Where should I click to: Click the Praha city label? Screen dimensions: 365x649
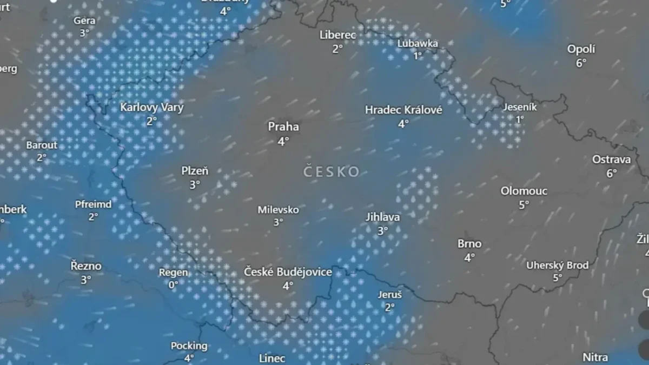pyautogui.click(x=283, y=127)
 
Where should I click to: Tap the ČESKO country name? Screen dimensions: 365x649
pyautogui.click(x=332, y=172)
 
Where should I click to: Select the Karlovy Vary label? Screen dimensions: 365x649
pyautogui.click(x=152, y=108)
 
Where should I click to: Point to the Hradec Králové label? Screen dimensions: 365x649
pyautogui.click(x=403, y=110)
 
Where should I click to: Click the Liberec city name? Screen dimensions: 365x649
pyautogui.click(x=337, y=35)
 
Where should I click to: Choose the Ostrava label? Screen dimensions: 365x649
pyautogui.click(x=611, y=160)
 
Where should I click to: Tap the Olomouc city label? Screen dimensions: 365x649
pyautogui.click(x=524, y=191)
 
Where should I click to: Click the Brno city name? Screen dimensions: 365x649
pyautogui.click(x=469, y=244)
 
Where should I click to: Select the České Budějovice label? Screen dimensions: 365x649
pyautogui.click(x=288, y=272)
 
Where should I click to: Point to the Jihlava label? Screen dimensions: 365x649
pyautogui.click(x=382, y=217)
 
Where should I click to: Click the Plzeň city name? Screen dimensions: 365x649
pyautogui.click(x=195, y=171)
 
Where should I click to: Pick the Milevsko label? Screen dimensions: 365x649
pyautogui.click(x=278, y=210)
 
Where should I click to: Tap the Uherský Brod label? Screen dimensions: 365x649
pyautogui.click(x=558, y=266)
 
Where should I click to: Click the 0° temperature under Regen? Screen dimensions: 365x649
pyautogui.click(x=173, y=285)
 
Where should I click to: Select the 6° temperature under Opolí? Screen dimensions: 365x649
pyautogui.click(x=581, y=63)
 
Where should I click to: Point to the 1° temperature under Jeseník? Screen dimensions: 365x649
pyautogui.click(x=520, y=120)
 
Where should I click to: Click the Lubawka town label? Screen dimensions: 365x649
pyautogui.click(x=418, y=43)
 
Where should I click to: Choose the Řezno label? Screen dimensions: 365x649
pyautogui.click(x=86, y=266)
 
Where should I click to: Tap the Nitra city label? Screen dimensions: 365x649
pyautogui.click(x=595, y=357)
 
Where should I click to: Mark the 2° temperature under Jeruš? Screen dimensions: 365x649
pyautogui.click(x=390, y=308)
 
